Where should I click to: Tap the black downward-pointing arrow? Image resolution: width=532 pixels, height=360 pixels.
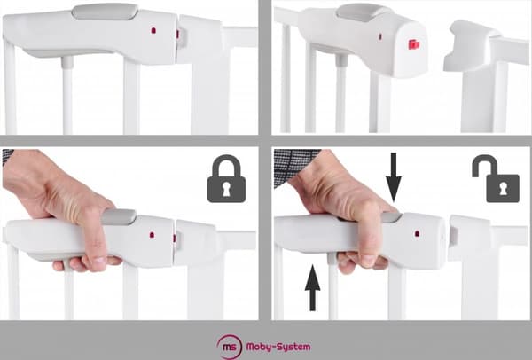tap(394, 177)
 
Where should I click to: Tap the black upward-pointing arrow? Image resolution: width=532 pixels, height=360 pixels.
tap(312, 287)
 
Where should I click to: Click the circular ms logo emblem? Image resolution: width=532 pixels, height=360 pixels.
tap(230, 347)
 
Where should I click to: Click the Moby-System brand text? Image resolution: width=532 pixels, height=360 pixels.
tap(278, 347)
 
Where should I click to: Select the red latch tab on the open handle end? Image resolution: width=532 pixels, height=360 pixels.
tap(413, 44)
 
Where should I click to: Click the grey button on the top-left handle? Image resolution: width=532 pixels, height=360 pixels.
tap(105, 12)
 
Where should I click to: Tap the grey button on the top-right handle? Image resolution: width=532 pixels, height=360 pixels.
tap(363, 12)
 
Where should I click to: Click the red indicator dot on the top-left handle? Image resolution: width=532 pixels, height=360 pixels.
tap(153, 30)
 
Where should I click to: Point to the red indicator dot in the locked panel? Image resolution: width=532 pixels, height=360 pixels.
tap(152, 235)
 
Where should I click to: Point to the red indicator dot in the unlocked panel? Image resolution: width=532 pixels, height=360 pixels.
tap(417, 234)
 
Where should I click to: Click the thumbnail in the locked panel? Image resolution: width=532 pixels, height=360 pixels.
tap(99, 262)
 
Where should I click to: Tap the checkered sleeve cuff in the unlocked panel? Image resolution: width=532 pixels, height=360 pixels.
tap(295, 166)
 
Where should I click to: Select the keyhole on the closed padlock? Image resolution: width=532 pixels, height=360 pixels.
tap(226, 190)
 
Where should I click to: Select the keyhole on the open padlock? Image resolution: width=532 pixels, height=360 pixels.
tap(503, 188)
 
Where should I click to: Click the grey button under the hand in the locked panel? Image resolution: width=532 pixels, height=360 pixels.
tap(120, 216)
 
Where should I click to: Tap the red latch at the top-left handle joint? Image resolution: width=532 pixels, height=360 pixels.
tap(177, 34)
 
